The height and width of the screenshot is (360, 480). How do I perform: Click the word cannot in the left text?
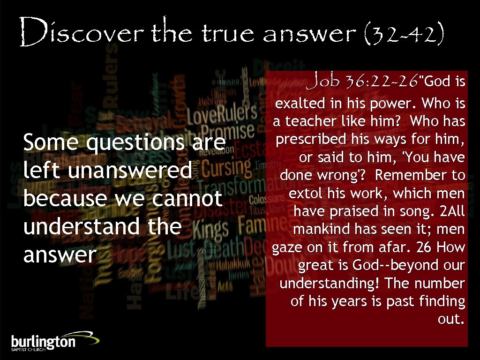pos(187,198)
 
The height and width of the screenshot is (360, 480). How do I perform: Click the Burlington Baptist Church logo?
pos(54,341)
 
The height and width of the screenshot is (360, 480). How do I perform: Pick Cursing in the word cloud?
pos(226,167)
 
